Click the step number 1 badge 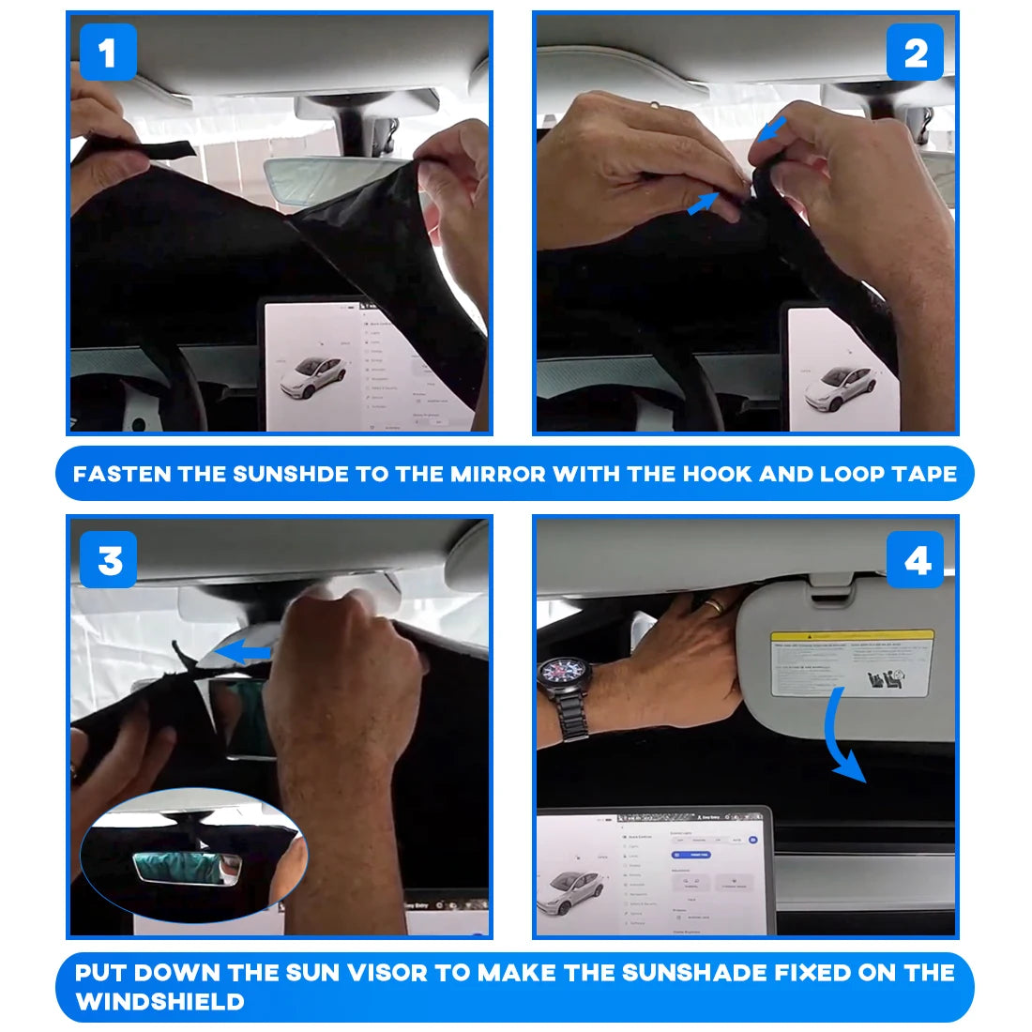tap(108, 53)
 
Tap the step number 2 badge tap(915, 53)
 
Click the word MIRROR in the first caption tap(497, 474)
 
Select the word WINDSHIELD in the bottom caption tap(160, 1001)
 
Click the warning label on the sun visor tap(852, 662)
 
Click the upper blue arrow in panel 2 tap(772, 130)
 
